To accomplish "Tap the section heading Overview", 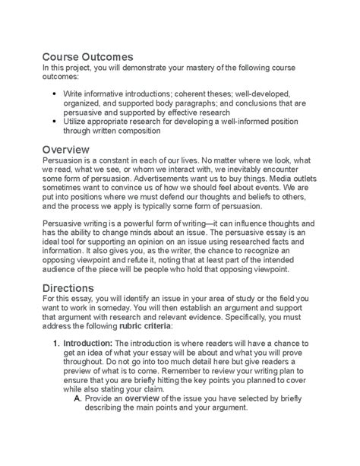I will (66, 149).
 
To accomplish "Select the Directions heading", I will (69, 288).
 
